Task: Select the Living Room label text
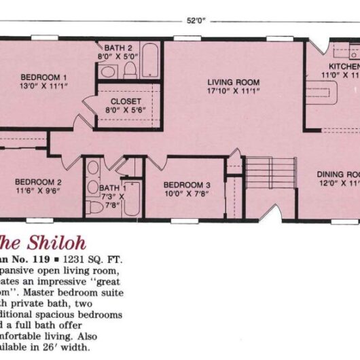(x=233, y=83)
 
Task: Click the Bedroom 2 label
(x=39, y=182)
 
